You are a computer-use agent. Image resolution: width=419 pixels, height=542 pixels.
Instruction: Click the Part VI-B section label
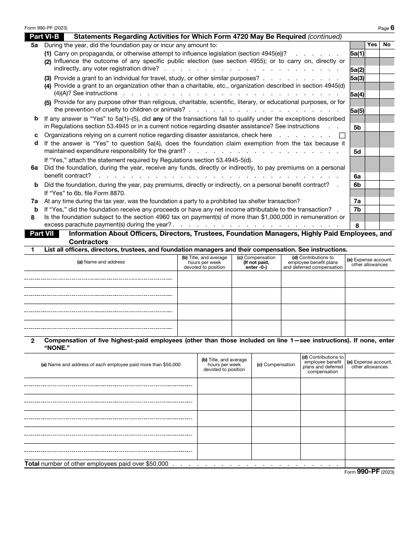pos(44,37)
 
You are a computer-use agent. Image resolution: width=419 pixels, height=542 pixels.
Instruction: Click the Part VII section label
pos(42,234)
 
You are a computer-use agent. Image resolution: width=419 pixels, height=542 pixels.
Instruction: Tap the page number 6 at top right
pos(392,28)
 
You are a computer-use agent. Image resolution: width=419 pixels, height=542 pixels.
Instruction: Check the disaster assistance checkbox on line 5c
pos(342,135)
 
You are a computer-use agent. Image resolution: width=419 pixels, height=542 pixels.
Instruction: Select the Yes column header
pos(372,45)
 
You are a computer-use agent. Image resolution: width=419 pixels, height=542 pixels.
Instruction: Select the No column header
pos(387,45)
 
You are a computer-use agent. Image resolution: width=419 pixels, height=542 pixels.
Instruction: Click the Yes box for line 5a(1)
pos(372,53)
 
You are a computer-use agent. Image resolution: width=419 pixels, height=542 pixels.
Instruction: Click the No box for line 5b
pos(387,127)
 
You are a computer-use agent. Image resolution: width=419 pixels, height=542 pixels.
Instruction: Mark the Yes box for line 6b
pos(372,185)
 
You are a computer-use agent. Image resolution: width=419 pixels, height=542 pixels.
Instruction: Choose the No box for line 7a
pos(387,201)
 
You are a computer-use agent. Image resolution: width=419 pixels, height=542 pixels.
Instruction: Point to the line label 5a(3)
pos(357,78)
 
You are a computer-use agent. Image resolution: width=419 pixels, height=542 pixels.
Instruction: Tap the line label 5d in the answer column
pos(357,152)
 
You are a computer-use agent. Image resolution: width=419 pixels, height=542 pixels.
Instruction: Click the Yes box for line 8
pos(372,225)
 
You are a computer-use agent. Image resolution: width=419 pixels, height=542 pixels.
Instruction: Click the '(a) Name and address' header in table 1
pos(101,262)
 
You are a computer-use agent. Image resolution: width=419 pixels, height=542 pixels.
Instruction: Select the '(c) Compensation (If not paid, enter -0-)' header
pos(256,262)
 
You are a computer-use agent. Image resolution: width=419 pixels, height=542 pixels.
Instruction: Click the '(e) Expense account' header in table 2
pos(370,364)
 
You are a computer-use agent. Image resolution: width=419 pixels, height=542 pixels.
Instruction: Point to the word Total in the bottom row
pos(32,464)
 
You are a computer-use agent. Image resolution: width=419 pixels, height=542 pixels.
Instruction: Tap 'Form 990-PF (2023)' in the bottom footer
pos(369,471)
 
